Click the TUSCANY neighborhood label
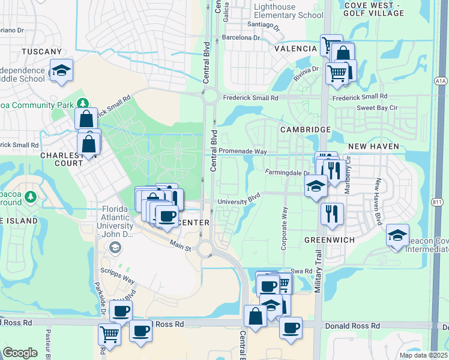(42, 52)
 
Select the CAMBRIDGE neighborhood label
(305, 130)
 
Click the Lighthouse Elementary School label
(288, 11)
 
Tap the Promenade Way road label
(242, 151)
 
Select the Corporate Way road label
(285, 228)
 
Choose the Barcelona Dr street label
(241, 37)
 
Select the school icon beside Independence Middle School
(61, 71)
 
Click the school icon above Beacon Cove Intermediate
(397, 236)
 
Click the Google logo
(20, 353)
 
